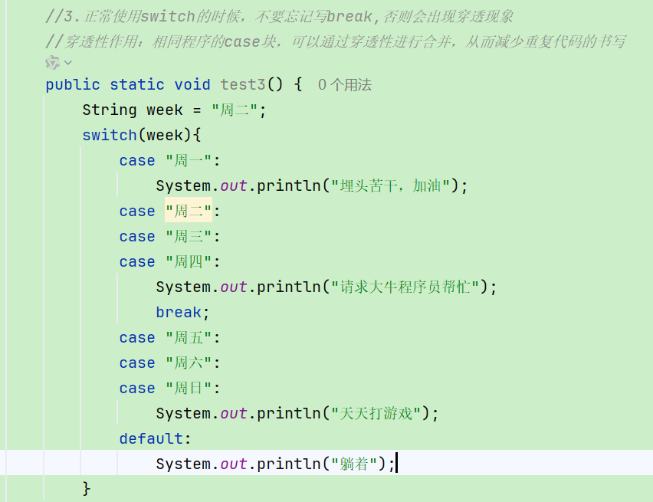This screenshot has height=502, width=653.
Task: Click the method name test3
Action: coord(243,85)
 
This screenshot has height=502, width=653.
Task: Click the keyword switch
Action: coord(110,136)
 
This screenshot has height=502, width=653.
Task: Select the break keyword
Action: coord(179,313)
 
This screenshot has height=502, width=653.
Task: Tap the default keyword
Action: coord(151,439)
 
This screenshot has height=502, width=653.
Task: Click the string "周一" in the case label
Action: coord(189,161)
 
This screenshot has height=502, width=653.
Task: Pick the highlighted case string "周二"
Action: coord(189,212)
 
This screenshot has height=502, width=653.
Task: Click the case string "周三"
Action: coord(189,237)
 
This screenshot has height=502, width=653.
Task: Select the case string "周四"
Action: coord(189,262)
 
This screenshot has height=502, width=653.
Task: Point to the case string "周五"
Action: coord(189,338)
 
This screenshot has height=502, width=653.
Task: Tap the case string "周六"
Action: coord(189,363)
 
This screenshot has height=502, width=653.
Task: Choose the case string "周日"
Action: coord(189,389)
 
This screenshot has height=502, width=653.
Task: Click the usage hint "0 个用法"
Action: coord(345,85)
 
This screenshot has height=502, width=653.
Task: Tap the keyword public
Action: coord(73,85)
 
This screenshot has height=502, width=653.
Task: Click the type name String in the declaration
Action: coord(110,110)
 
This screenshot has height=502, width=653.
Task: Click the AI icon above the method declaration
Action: coord(54,62)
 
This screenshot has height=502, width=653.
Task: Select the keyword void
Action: coord(192,85)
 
